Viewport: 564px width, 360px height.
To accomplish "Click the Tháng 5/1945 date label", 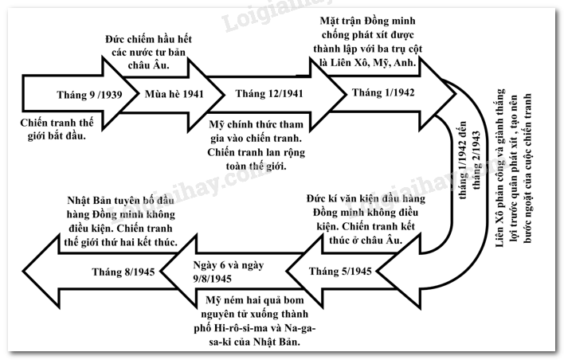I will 340,272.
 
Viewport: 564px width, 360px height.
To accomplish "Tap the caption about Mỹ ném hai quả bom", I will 256,319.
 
